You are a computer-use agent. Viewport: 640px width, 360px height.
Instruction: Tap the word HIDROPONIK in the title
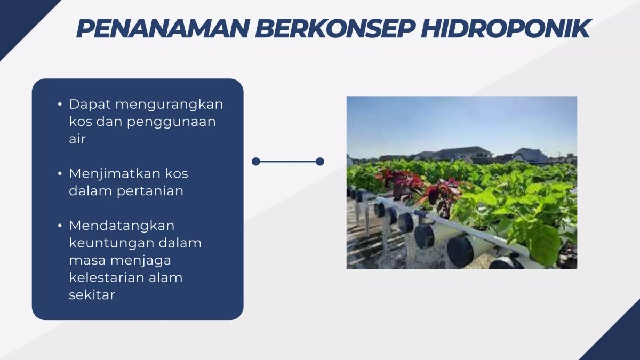click(505, 28)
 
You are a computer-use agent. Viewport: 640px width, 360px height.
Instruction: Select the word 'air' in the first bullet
click(77, 139)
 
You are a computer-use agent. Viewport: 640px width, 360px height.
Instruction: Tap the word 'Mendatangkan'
click(122, 225)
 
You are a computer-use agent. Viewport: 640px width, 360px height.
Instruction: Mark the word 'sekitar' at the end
click(92, 294)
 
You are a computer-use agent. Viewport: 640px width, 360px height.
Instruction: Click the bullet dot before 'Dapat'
click(60, 104)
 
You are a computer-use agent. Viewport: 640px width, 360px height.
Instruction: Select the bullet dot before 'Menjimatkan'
click(60, 173)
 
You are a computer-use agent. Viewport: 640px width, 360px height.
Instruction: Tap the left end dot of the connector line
click(256, 162)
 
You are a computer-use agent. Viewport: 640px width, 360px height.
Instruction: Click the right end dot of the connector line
click(320, 162)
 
